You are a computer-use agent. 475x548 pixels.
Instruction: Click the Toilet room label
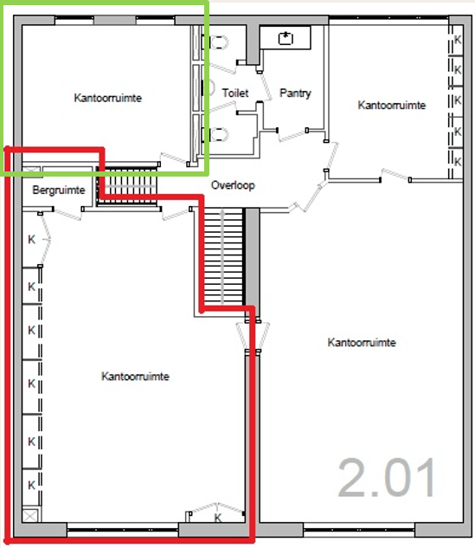point(235,93)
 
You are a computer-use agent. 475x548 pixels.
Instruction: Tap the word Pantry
point(295,93)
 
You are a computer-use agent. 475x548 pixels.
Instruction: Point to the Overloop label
point(233,185)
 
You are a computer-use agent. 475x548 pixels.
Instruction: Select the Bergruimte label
point(59,190)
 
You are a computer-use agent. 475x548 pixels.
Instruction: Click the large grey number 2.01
point(387,478)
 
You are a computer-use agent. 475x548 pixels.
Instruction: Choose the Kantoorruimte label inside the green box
point(108,98)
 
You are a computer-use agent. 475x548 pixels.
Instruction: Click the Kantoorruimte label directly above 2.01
point(362,342)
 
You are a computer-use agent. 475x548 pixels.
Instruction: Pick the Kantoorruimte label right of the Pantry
point(392,105)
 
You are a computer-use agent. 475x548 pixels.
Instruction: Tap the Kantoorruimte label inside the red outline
point(136,376)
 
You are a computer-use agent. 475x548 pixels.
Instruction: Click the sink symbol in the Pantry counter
point(286,38)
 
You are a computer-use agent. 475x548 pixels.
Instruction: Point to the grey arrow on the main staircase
point(222,256)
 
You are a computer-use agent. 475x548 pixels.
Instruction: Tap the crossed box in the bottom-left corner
point(30,516)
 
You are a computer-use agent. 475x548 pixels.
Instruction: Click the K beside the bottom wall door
point(218,518)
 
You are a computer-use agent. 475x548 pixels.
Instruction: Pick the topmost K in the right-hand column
point(458,40)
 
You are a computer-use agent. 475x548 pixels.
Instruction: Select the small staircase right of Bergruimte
point(127,185)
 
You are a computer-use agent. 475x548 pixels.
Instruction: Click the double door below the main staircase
point(252,335)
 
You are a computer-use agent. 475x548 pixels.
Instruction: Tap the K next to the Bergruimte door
point(32,240)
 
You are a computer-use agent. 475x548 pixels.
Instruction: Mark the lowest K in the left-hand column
point(32,485)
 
